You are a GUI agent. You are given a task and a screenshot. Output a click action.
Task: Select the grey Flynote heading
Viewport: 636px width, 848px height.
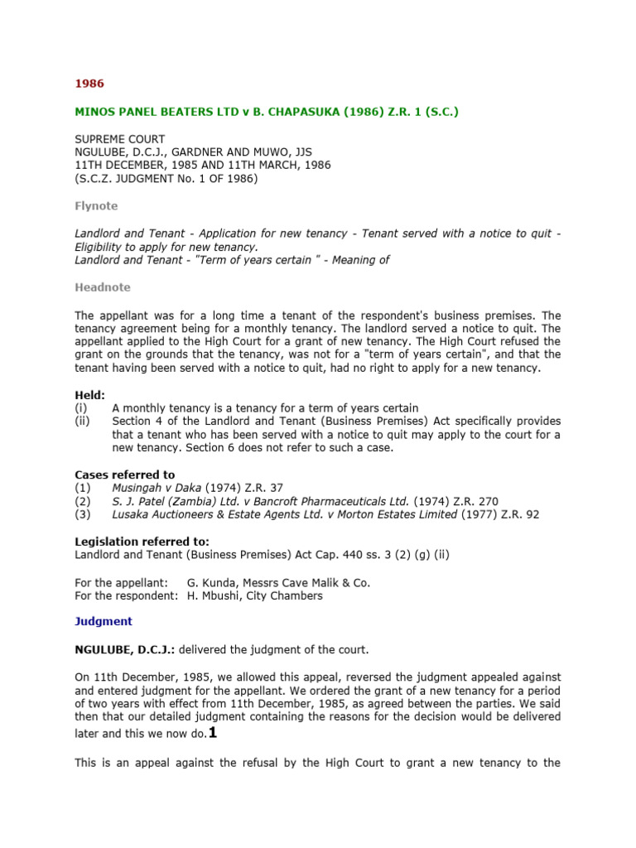[96, 206]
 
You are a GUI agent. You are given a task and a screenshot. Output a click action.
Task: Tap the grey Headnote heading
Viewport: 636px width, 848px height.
[103, 287]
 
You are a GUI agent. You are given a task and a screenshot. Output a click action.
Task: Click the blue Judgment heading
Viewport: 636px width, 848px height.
[104, 620]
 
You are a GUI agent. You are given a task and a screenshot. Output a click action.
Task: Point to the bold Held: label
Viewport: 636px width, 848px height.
[90, 396]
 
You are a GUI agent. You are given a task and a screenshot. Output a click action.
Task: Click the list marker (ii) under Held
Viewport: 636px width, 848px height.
[81, 422]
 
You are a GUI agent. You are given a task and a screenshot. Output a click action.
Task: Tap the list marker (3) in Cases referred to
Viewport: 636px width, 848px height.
[82, 514]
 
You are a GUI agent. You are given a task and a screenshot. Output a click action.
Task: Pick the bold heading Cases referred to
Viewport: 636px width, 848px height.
[125, 475]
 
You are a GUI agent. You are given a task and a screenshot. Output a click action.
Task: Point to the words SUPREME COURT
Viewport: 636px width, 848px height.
[120, 139]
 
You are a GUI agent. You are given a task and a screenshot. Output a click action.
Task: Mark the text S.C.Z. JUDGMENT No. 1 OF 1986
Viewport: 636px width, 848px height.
[166, 178]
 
